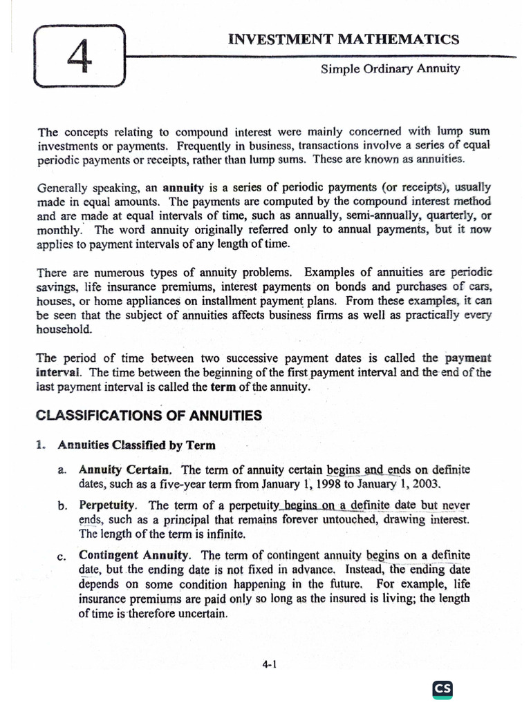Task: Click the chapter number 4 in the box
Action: coord(79,56)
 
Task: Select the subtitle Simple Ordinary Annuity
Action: coord(391,69)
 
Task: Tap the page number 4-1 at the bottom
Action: coord(269,664)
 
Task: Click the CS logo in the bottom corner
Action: coord(442,688)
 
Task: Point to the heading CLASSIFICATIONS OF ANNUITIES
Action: coord(149,416)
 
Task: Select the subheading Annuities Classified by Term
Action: coord(136,445)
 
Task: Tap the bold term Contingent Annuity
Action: coord(134,554)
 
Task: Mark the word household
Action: coord(64,329)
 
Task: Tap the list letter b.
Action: coord(62,506)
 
